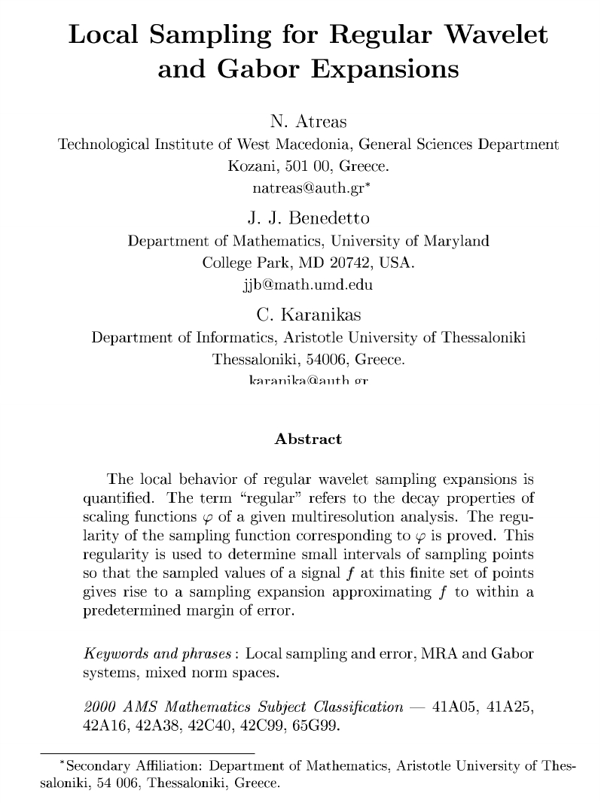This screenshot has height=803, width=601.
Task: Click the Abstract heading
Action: (308, 439)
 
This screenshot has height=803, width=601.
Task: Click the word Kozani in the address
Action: (249, 165)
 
